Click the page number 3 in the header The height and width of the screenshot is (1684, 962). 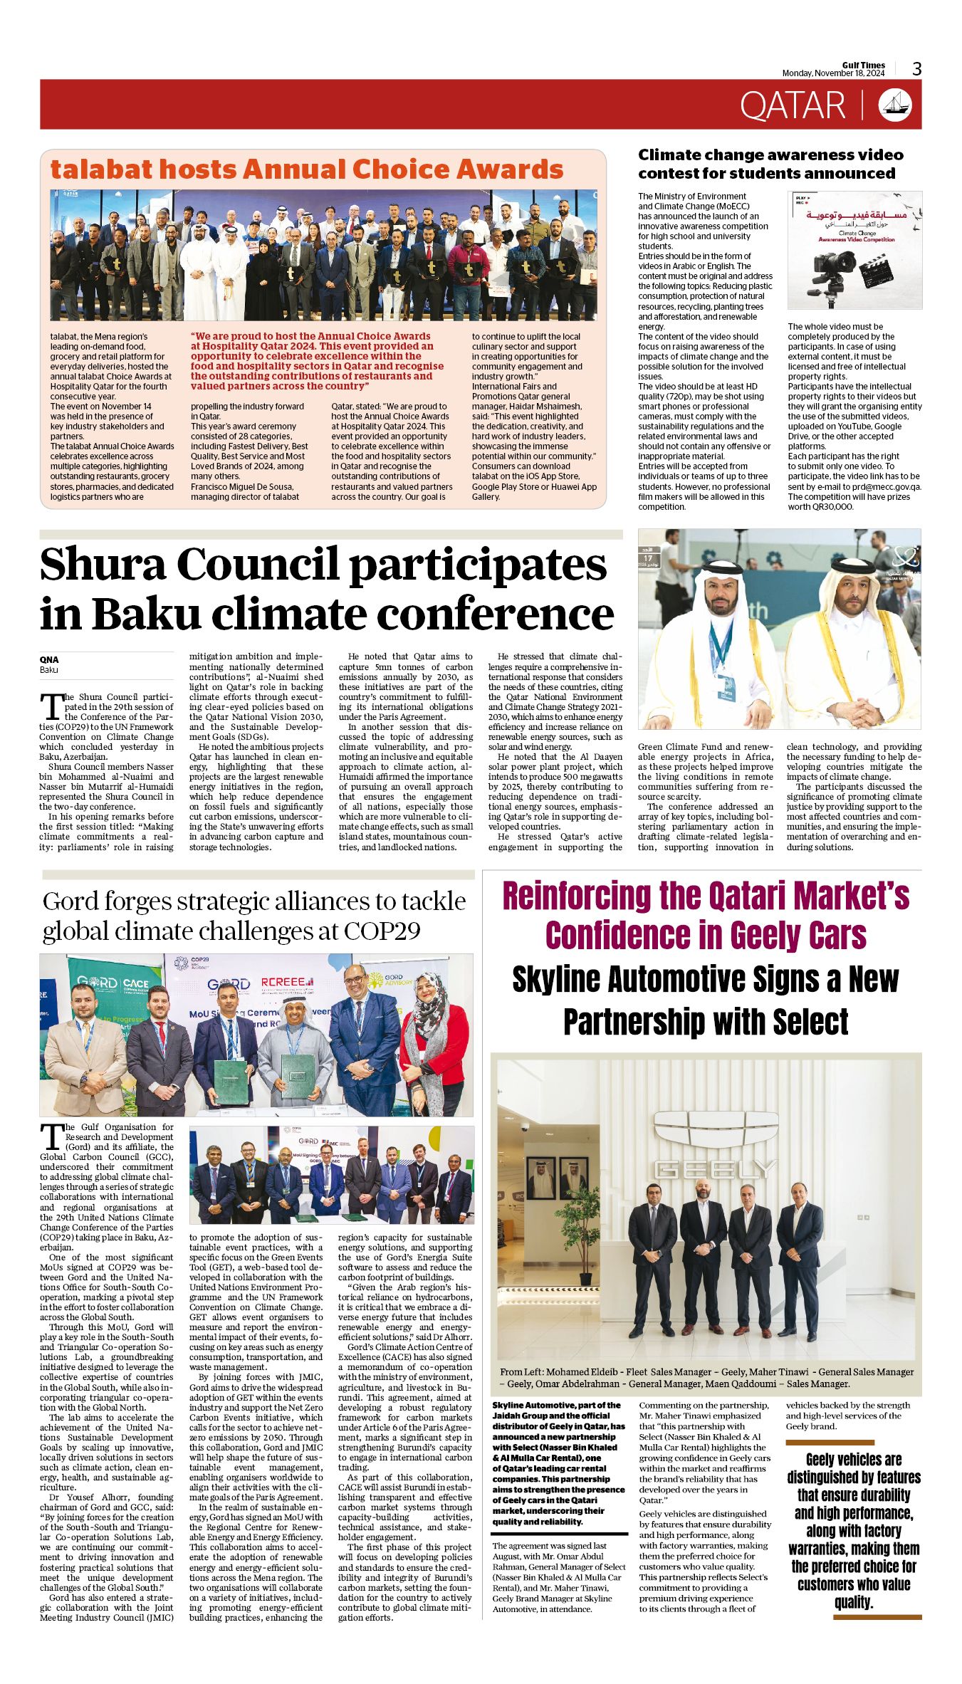(x=916, y=69)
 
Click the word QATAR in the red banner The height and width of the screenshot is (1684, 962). (x=793, y=105)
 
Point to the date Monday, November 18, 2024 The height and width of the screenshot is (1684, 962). (x=833, y=73)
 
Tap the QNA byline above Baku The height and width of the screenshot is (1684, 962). (x=49, y=659)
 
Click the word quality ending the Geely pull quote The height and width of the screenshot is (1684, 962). (x=854, y=1602)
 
